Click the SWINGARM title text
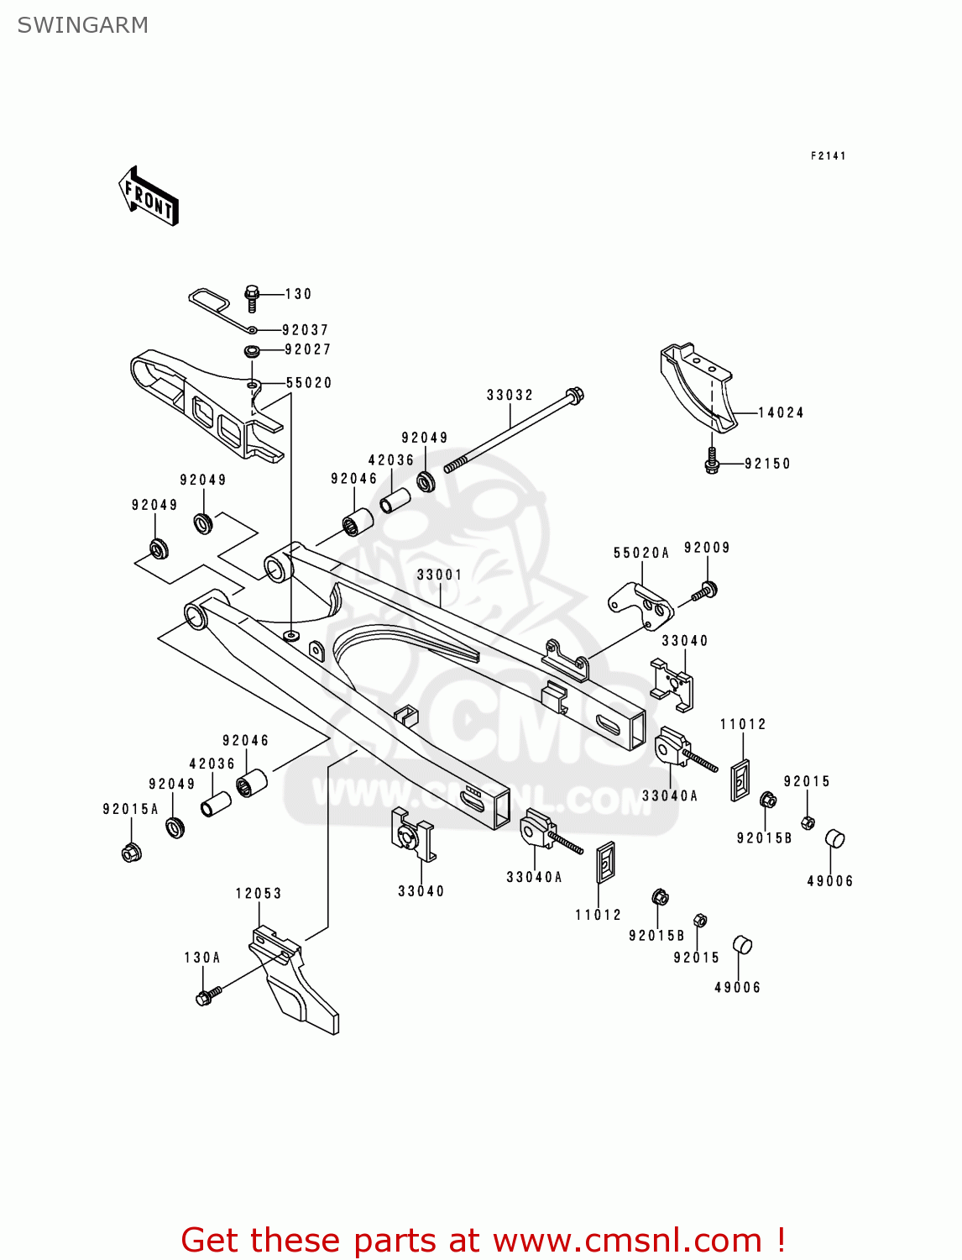[82, 25]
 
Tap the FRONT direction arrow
[149, 197]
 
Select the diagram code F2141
[828, 155]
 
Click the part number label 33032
[510, 395]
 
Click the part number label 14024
[781, 412]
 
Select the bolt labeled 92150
[712, 462]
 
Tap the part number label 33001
[439, 575]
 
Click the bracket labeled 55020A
[640, 602]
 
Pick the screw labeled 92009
[704, 591]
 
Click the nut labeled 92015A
[131, 853]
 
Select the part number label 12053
[258, 893]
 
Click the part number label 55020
[309, 383]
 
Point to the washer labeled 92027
[251, 350]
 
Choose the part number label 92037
[305, 330]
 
